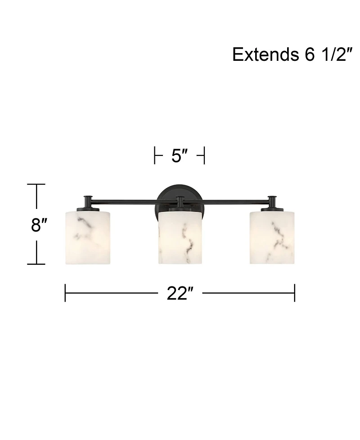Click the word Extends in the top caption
pos(262,54)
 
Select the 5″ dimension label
pos(179,156)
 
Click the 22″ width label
pos(180,294)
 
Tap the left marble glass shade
pos(88,237)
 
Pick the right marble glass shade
pos(272,237)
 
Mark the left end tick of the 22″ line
pos(65,293)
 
